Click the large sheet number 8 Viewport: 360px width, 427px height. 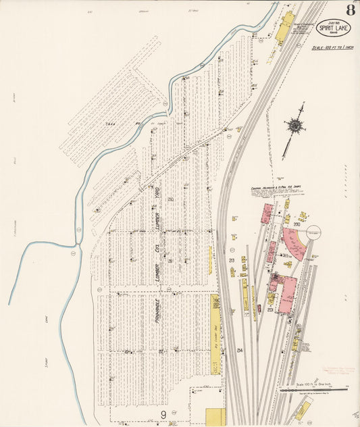pos(350,10)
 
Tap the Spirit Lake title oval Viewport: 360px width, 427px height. pos(333,29)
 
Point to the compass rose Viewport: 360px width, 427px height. pos(294,125)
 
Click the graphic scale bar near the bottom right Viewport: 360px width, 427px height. pos(314,389)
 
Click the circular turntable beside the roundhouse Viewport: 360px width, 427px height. pos(313,233)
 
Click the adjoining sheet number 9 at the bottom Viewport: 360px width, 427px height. pos(163,413)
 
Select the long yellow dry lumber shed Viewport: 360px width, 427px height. pos(215,338)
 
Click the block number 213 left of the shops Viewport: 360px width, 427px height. pos(232,260)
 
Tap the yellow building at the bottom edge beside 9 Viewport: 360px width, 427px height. pos(215,417)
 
